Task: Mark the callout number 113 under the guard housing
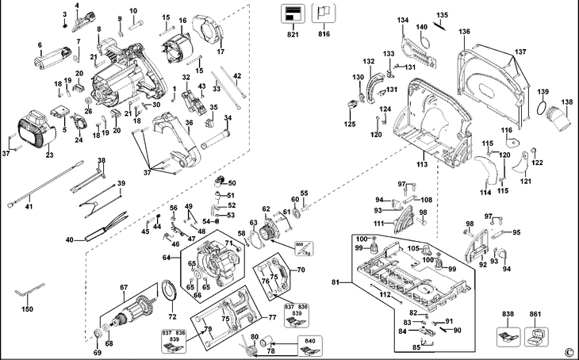coord(422,164)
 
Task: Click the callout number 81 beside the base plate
coord(336,283)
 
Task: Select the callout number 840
coord(308,340)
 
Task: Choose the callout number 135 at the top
coord(442,15)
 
